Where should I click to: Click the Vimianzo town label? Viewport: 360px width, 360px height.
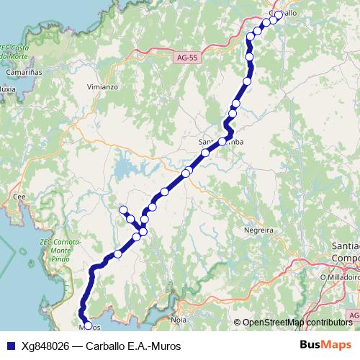[x=102, y=86]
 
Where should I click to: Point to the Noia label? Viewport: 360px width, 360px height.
[x=179, y=317]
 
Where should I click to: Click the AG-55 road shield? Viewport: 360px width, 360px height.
[x=186, y=55]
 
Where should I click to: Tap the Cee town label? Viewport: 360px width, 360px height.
[x=19, y=195]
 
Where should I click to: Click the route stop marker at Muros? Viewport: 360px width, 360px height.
[x=88, y=326]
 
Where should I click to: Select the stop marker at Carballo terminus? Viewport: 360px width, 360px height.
[x=279, y=14]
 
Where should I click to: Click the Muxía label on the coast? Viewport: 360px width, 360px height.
[x=7, y=89]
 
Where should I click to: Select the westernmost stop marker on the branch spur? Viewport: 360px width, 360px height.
[x=123, y=210]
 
